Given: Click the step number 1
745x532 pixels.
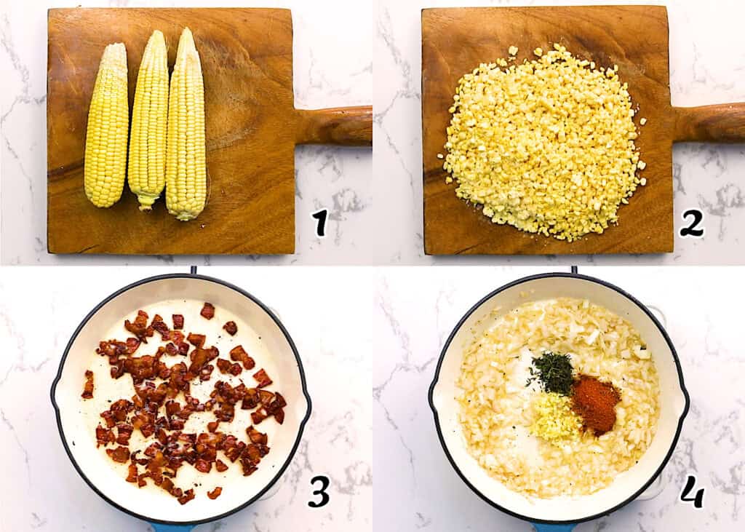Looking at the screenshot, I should tap(320, 222).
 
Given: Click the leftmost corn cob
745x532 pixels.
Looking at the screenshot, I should tap(106, 127).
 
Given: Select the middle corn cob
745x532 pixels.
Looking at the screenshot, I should tap(149, 120).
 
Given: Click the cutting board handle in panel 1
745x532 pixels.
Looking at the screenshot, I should tap(335, 125).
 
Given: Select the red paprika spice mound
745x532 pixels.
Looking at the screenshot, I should tap(594, 403).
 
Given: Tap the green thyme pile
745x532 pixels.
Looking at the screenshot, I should tap(552, 372).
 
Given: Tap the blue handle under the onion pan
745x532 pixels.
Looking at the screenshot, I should tap(553, 526).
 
